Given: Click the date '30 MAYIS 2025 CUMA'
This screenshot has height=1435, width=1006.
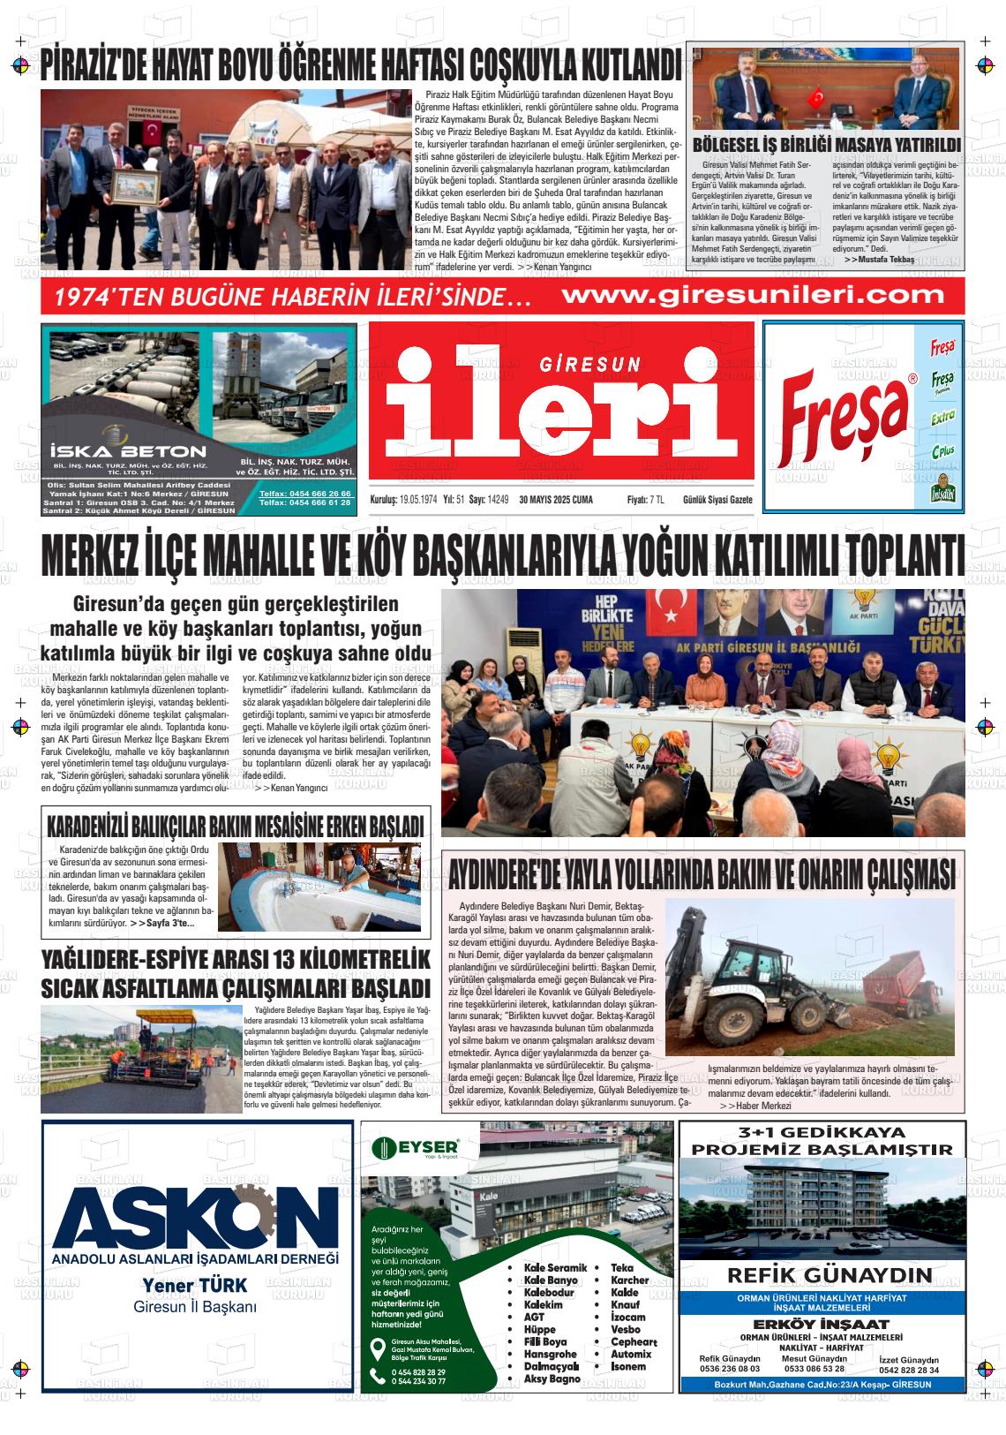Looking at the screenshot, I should point(556,500).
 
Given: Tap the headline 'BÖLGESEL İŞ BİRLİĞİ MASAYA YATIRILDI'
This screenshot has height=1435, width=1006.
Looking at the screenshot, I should point(827,145).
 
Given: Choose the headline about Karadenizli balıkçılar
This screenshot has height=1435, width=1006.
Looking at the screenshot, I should point(235,827).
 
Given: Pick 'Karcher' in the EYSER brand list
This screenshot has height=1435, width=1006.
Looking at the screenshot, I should point(629,1280).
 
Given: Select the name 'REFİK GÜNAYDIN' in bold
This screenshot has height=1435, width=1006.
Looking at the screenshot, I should point(829,1275).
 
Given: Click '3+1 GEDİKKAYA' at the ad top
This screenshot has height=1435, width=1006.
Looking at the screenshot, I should point(822,1133).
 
